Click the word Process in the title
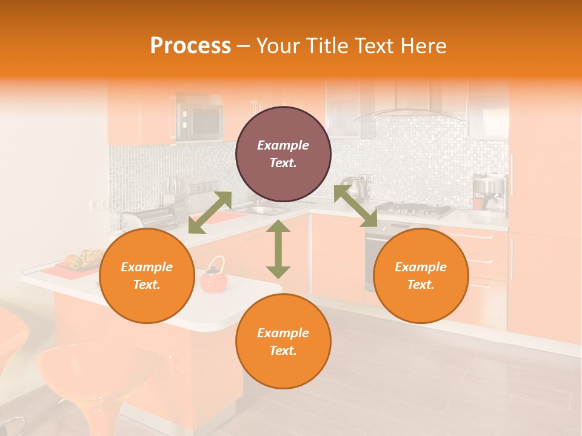coord(190,46)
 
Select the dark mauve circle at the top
coord(283,154)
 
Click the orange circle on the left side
coord(147,276)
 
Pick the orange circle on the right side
coord(421,276)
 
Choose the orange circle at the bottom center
coord(283,342)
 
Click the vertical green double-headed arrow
coord(278,249)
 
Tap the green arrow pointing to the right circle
coord(355,206)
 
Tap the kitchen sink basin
coord(267,210)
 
